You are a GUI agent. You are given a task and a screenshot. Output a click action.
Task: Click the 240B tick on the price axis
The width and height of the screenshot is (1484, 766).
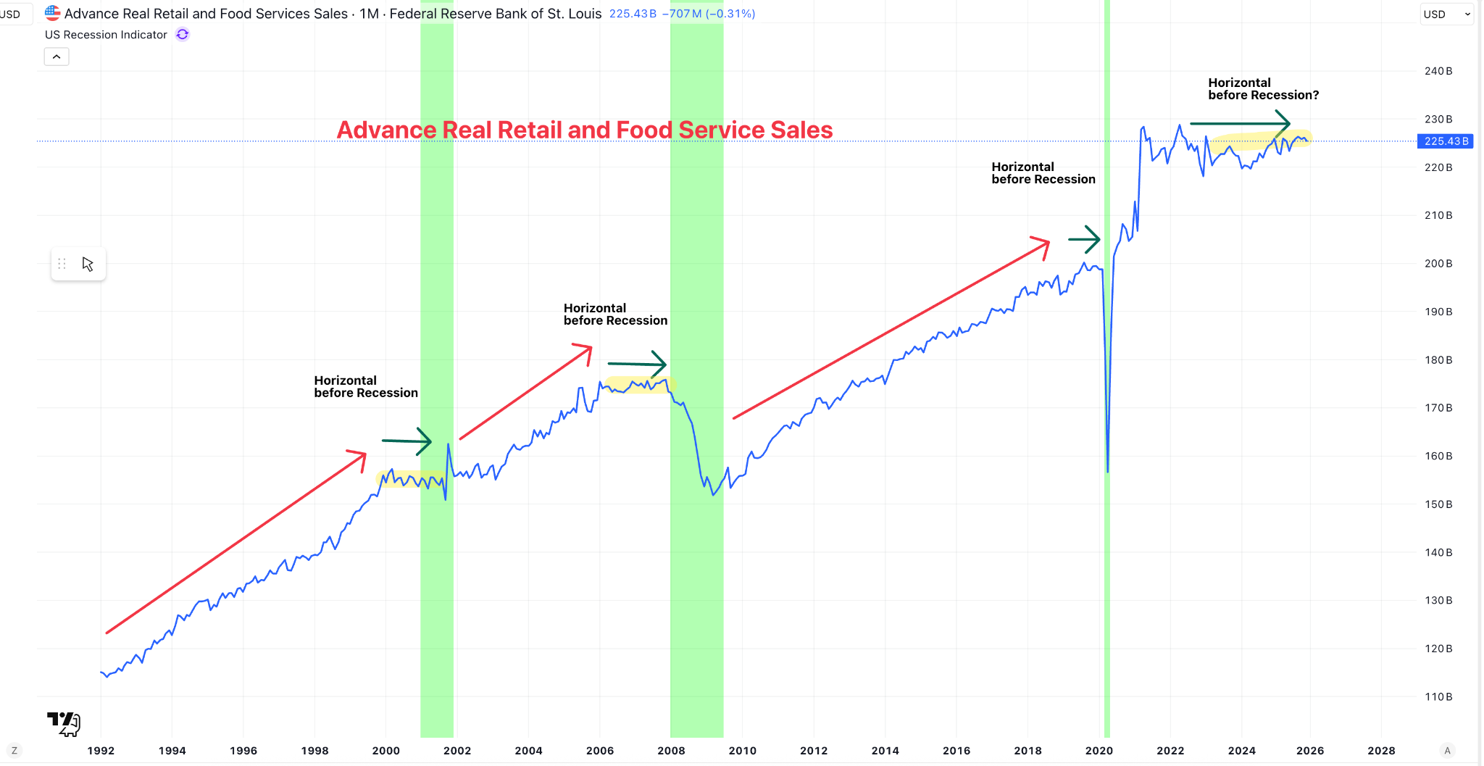(1438, 71)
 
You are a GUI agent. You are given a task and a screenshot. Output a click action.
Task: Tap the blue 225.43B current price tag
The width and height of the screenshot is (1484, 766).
(1446, 141)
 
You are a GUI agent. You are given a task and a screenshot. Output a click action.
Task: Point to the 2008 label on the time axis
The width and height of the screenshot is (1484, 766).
(671, 751)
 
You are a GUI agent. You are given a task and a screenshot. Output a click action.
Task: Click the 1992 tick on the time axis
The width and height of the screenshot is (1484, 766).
(101, 751)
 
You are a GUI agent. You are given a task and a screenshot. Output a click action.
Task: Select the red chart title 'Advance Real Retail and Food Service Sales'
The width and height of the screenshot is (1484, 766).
(585, 130)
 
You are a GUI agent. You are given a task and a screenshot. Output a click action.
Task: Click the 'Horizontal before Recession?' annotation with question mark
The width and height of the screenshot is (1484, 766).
(1263, 89)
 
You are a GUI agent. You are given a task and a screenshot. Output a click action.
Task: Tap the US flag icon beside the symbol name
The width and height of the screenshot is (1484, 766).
(53, 13)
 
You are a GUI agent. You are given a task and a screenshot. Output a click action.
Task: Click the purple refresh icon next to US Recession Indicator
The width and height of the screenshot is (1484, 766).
(183, 35)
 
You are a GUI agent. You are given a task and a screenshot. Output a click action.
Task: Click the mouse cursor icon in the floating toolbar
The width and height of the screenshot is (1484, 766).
(88, 264)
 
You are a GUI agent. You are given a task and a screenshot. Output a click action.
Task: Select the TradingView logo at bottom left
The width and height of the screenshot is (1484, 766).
(64, 723)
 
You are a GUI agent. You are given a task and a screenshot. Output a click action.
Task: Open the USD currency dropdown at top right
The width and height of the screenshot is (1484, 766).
(1446, 14)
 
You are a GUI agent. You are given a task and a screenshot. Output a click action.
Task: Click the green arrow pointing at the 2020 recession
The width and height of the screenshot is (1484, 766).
(1085, 239)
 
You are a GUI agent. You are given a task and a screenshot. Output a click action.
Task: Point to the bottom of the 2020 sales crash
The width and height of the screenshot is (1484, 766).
(1108, 471)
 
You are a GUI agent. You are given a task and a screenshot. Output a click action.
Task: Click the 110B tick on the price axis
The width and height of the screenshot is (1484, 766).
(1438, 696)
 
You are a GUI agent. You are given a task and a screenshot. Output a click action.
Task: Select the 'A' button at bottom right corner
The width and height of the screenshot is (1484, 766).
(1447, 751)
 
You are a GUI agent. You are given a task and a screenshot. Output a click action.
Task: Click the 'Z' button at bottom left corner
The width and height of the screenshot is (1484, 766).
(14, 751)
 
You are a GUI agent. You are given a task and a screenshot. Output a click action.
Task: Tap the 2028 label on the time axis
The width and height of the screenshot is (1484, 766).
(1381, 751)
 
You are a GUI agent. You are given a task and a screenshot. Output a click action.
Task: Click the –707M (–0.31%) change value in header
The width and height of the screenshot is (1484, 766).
(708, 14)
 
